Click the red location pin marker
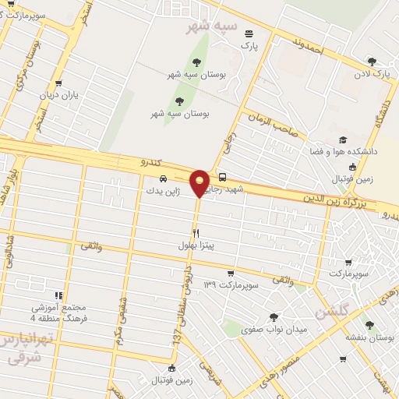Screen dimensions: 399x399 point(200,182)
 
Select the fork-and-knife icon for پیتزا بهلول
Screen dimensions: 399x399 point(196,233)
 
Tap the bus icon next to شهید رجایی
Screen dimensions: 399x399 point(224,177)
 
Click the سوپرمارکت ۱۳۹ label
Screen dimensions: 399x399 point(221,285)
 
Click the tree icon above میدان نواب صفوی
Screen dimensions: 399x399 point(273,317)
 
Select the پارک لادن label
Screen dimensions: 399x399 point(370,73)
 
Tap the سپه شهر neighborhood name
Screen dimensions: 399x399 point(209,26)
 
